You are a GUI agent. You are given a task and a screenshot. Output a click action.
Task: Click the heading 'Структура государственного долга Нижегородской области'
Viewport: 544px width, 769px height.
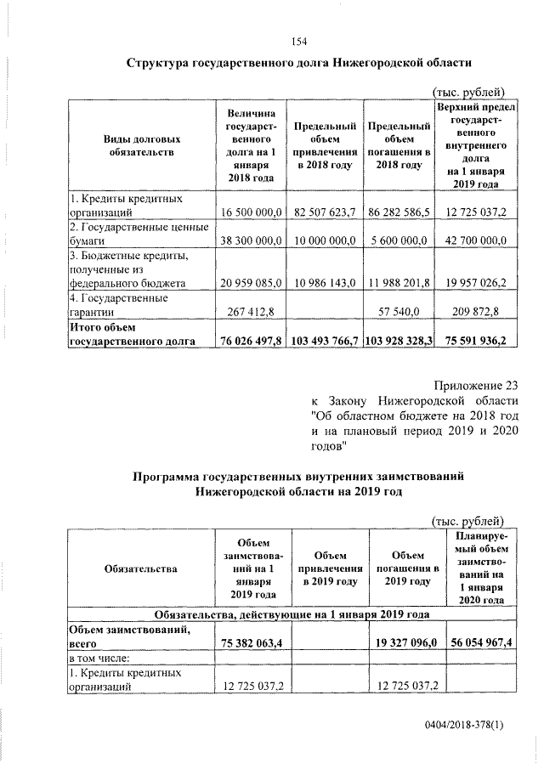click(298, 63)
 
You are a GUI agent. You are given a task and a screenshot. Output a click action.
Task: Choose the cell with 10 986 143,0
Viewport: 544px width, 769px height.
click(323, 282)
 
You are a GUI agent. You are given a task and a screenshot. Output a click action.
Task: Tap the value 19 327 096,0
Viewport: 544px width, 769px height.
click(405, 645)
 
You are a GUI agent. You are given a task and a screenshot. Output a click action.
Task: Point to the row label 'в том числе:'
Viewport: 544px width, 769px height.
click(99, 659)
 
